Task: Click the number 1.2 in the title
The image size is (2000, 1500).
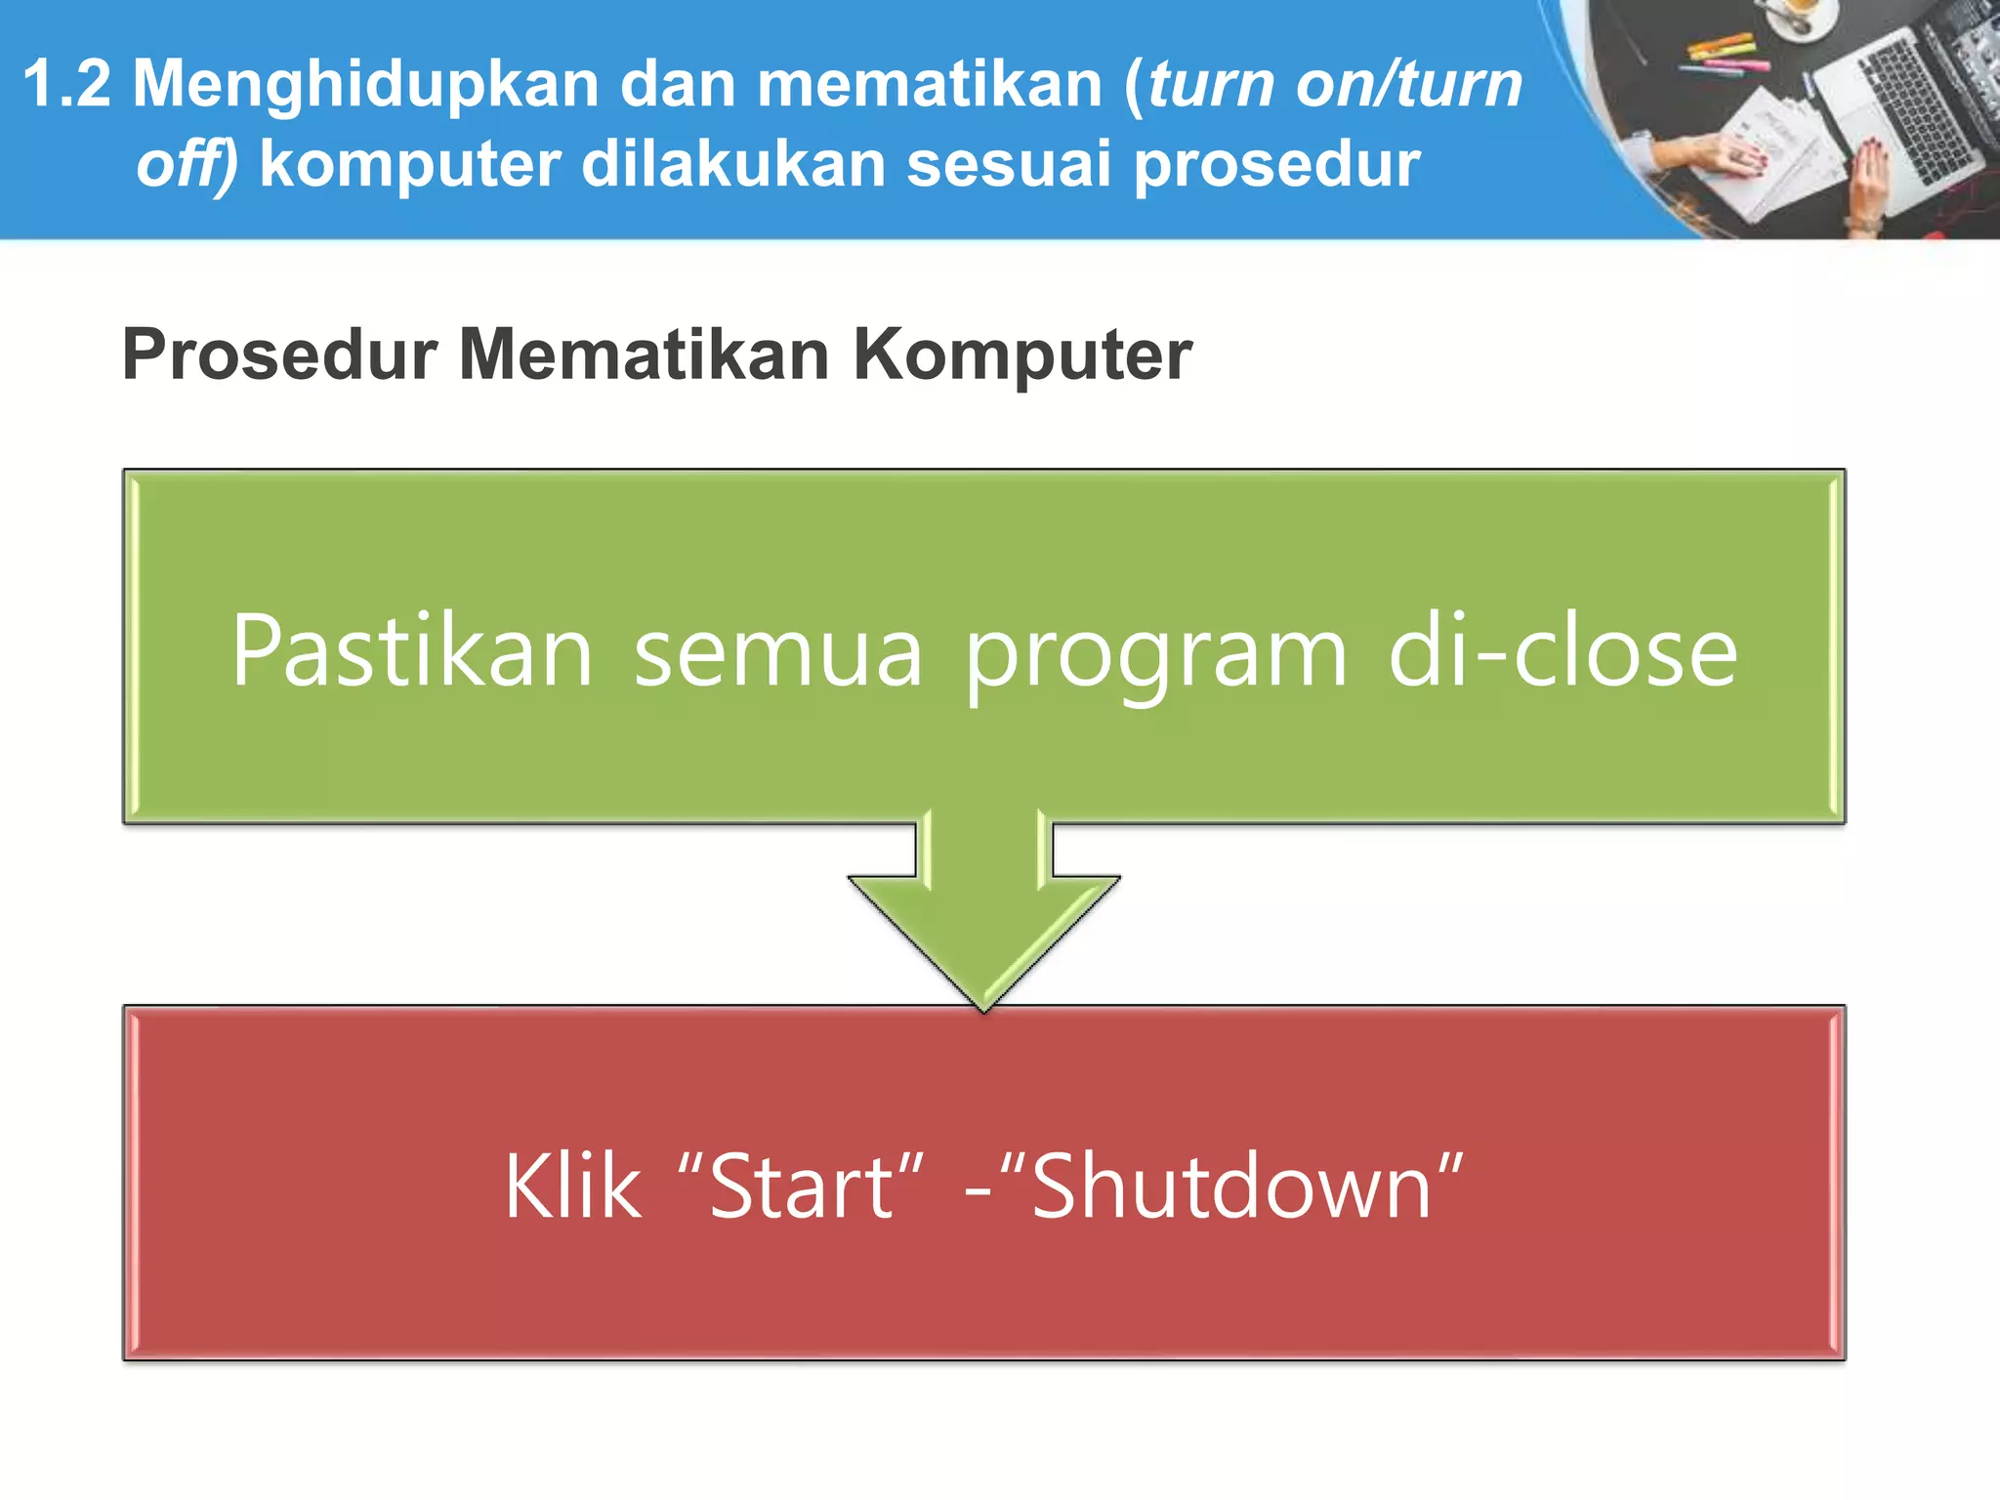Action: [x=66, y=84]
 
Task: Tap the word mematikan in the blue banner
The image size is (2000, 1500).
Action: [x=929, y=84]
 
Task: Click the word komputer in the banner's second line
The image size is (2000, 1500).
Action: [x=410, y=164]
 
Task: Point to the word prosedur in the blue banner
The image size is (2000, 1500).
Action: [x=1276, y=164]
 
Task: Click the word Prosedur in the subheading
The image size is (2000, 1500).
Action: [x=279, y=354]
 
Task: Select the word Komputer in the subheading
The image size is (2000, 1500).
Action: [x=1022, y=354]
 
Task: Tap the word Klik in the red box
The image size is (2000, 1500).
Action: [x=573, y=1187]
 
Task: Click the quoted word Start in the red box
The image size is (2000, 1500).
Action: [x=800, y=1187]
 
